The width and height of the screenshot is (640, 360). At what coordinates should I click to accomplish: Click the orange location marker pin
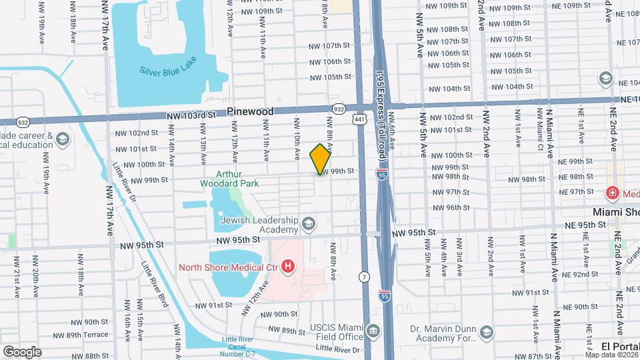pos(320,159)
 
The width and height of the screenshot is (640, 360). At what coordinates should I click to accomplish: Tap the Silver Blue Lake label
pos(170,70)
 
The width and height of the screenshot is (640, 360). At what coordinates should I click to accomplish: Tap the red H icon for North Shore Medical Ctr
pos(288,267)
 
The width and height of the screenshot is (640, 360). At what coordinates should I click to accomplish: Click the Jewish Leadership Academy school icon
pos(308,224)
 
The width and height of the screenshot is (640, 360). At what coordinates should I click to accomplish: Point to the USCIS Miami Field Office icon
pos(373,331)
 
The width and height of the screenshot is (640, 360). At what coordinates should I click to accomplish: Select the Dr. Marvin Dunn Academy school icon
pos(487,331)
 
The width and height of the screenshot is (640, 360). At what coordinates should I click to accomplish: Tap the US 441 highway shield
pos(360,119)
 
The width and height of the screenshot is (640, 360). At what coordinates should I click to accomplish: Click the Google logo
pos(21,351)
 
